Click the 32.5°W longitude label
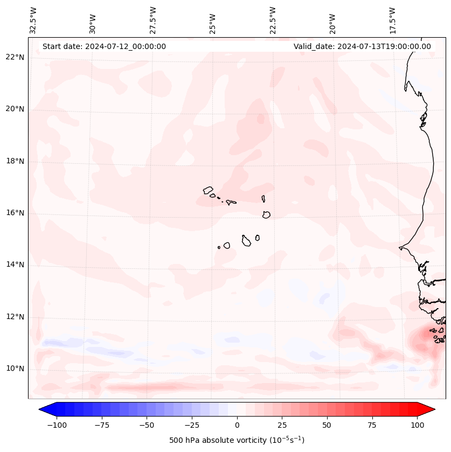click(33, 19)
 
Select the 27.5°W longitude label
click(153, 19)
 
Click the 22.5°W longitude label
click(273, 19)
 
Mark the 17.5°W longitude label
click(392, 19)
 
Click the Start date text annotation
click(104, 46)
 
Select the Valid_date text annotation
click(362, 46)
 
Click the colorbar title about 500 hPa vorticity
click(237, 440)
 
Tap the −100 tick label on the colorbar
click(57, 425)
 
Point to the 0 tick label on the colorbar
click(237, 425)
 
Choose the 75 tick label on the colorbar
click(372, 425)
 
